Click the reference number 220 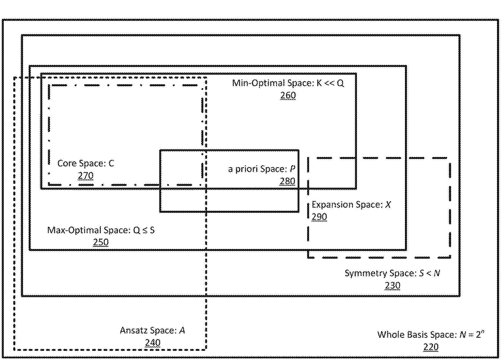[431, 347]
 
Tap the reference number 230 [392, 285]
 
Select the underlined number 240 [153, 343]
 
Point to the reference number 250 [101, 242]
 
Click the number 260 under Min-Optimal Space [288, 95]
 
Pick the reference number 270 [86, 175]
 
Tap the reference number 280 [287, 181]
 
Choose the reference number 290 [319, 217]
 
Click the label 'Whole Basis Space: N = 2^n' [431, 334]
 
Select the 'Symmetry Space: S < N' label [392, 273]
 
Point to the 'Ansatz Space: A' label [152, 330]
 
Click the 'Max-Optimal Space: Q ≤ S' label [101, 230]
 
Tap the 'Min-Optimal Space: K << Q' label [288, 83]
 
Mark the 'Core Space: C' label [86, 163]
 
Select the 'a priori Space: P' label [262, 169]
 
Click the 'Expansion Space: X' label [351, 205]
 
